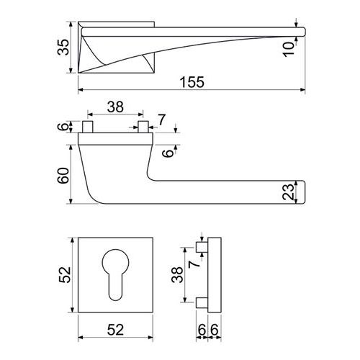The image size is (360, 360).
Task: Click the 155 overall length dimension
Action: [x=192, y=82]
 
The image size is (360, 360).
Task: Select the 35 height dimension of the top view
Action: [x=63, y=48]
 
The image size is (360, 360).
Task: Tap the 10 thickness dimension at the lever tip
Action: [x=289, y=50]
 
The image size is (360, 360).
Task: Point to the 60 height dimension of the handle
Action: [x=63, y=176]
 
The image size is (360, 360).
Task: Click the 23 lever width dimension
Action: [x=288, y=192]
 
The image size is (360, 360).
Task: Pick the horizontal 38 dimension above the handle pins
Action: [x=115, y=107]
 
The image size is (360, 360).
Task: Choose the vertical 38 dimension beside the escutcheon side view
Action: [x=177, y=274]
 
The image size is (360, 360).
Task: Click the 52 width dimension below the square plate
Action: [x=115, y=330]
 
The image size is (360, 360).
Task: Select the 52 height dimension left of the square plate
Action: [x=65, y=274]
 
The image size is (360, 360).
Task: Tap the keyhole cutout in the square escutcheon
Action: [x=115, y=274]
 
